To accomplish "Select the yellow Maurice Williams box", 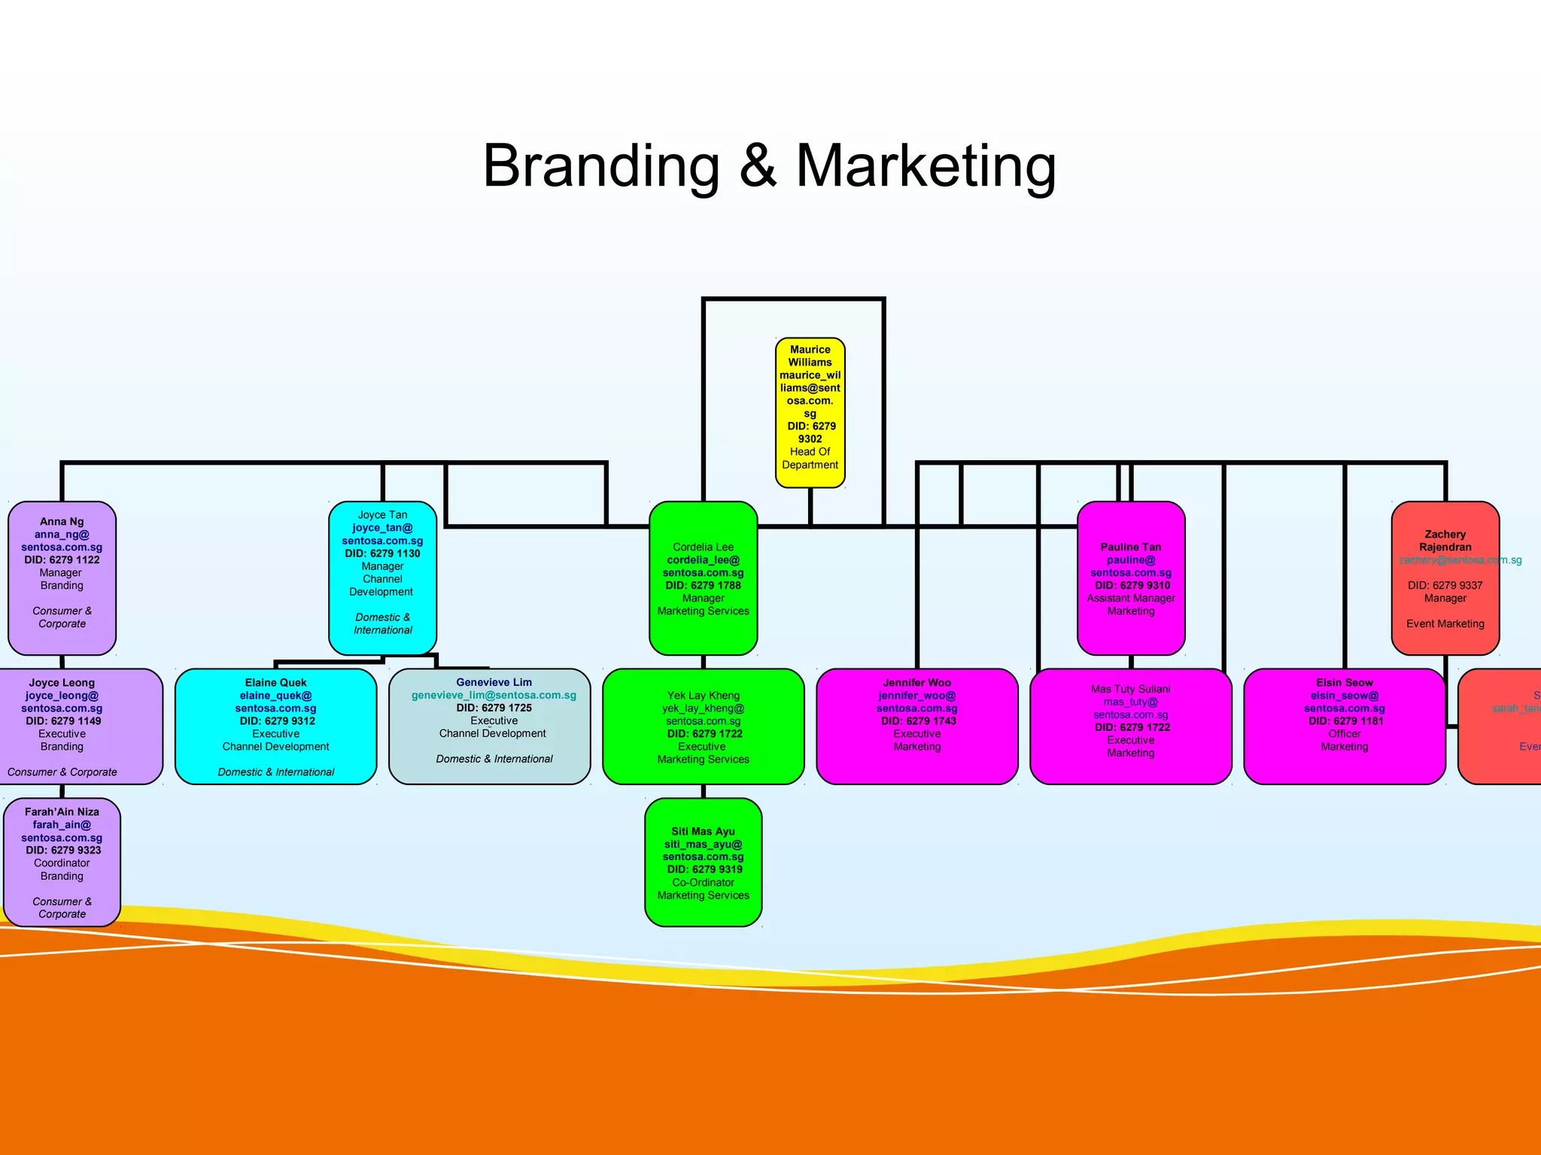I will [810, 412].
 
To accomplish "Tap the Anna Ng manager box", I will [62, 577].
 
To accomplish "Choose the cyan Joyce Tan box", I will [382, 577].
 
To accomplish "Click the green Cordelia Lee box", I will [703, 577].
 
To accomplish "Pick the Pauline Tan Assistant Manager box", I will [1130, 577].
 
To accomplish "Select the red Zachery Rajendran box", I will [1445, 577].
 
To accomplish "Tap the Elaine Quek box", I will [275, 726].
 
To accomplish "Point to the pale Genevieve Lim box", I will [490, 726].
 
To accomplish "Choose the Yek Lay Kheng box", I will [703, 726].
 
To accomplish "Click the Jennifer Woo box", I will [916, 726].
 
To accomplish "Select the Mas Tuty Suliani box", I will [1130, 726].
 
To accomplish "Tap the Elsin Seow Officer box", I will [1344, 726].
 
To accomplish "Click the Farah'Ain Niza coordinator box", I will [62, 862].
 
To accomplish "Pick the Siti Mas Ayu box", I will [703, 862].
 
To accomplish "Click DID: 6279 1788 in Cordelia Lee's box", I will [703, 585].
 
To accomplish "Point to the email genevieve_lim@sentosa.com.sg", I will [494, 696].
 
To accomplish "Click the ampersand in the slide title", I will [758, 167].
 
